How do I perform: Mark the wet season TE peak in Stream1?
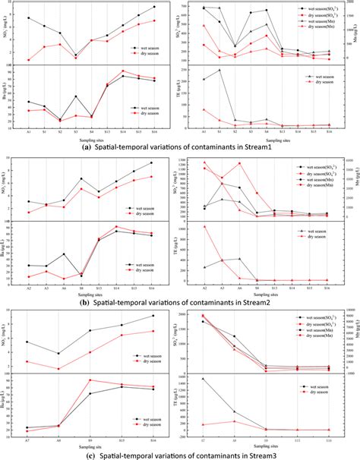click(x=220, y=70)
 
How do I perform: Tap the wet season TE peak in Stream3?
click(x=203, y=379)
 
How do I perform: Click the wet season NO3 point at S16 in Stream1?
click(x=154, y=7)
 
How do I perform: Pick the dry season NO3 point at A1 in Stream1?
click(x=28, y=59)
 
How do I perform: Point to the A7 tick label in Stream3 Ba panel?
click(x=28, y=440)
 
